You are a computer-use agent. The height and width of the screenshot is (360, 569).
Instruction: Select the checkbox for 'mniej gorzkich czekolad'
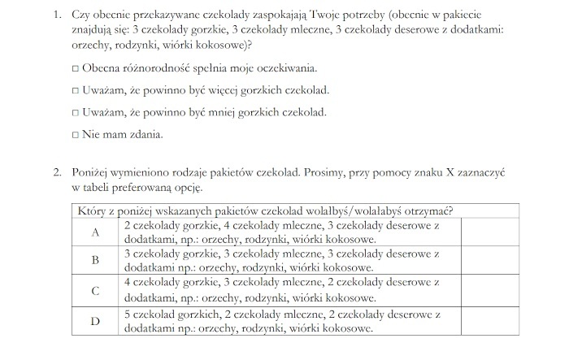point(75,112)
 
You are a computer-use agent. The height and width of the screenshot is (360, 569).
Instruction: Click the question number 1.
point(56,14)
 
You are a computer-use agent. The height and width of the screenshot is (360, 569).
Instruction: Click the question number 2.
point(56,173)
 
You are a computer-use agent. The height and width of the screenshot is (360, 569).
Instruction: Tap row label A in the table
point(95,232)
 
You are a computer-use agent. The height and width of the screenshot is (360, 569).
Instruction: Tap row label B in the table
point(95,260)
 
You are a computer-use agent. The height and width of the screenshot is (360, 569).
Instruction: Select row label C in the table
point(95,290)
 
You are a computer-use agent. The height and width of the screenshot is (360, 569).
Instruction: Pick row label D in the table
point(95,320)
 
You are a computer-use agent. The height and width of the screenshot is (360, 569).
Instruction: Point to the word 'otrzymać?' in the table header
point(428,211)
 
